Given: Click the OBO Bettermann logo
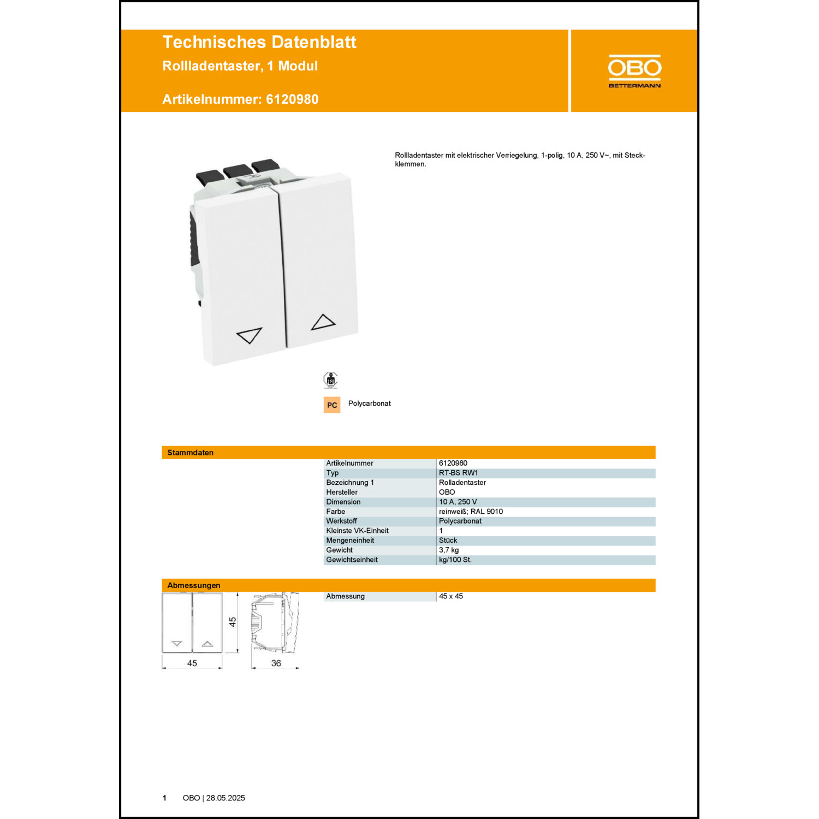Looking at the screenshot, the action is [x=634, y=71].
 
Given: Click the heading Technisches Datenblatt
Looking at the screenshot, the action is [x=259, y=42].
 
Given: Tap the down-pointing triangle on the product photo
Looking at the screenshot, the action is [x=249, y=335].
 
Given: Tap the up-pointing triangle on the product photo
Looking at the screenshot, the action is [x=323, y=322].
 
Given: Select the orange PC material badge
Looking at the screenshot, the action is [x=332, y=405].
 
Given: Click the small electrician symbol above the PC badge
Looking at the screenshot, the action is [x=330, y=379].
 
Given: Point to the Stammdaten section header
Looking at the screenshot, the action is [x=191, y=453].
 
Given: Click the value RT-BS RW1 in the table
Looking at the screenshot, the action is [x=459, y=473].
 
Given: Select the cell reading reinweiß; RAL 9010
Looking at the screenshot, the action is [x=471, y=512].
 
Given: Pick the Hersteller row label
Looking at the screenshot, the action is [x=342, y=492].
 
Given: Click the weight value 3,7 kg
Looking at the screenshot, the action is [x=449, y=550].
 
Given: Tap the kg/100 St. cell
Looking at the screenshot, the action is [x=455, y=560].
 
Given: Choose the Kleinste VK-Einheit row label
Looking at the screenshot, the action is [x=358, y=531].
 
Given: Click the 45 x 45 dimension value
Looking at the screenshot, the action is [x=451, y=596].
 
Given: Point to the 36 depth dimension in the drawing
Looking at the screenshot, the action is [x=276, y=663].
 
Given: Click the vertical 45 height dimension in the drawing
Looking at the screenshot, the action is [x=233, y=622].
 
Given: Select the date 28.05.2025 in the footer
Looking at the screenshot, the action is [x=225, y=798].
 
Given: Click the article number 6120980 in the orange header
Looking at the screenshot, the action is [x=292, y=99].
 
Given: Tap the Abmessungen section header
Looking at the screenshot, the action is [x=194, y=585].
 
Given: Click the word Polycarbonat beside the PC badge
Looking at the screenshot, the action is [x=370, y=403].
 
